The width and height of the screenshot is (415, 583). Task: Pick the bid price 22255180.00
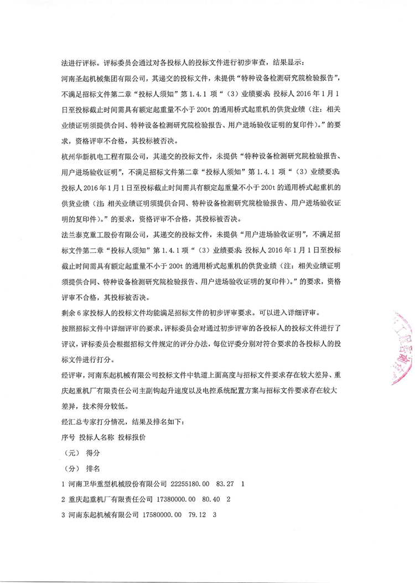191,483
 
